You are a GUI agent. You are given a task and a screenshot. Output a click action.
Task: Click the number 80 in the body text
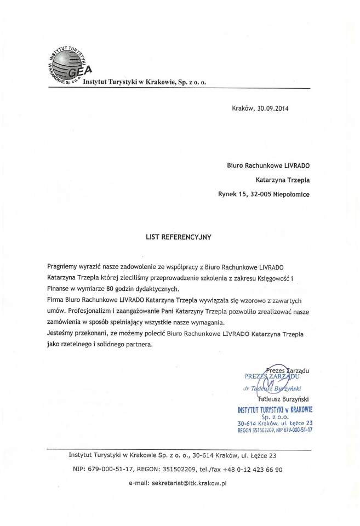131,288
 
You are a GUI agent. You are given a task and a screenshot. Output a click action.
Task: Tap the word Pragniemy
65,266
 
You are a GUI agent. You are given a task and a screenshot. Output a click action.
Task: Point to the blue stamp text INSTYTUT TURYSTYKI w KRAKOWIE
278,409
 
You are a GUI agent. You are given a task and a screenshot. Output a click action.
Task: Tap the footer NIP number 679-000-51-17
111,470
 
